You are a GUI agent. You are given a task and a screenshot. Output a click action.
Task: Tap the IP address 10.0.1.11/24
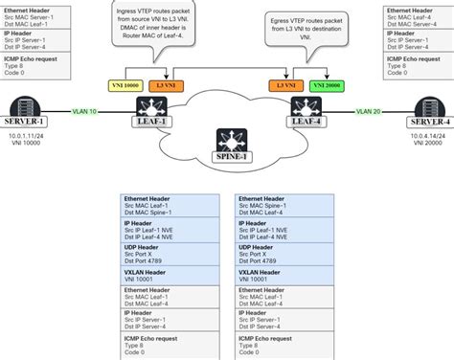click(27, 139)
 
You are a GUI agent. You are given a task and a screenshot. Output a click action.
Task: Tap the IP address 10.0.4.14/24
click(427, 139)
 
